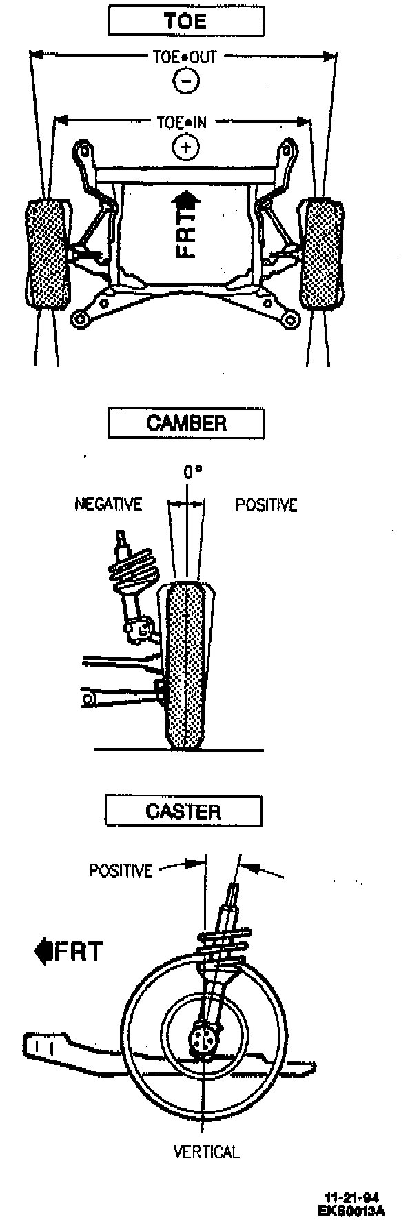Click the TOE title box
tap(186, 21)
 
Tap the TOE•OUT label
tap(185, 56)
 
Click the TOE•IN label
tap(182, 123)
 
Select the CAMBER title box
tap(186, 422)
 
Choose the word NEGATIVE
tap(108, 504)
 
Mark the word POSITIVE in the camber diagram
tap(266, 505)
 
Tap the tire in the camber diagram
tap(187, 666)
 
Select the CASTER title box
tap(183, 811)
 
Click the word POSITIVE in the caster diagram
tap(120, 871)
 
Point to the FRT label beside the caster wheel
tap(70, 952)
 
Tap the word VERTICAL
tap(206, 1152)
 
